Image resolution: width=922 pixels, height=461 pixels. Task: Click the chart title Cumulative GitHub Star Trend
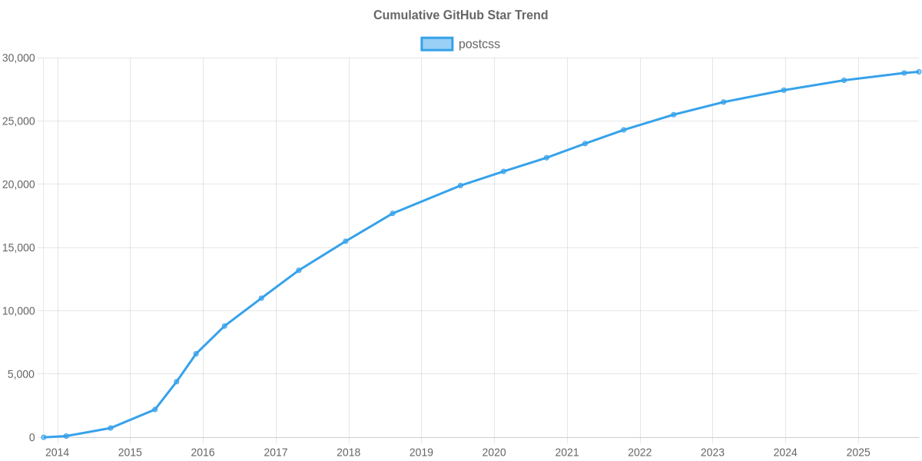(460, 15)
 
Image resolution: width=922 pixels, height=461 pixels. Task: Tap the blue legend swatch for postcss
(436, 45)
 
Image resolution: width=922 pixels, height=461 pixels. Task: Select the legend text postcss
(479, 45)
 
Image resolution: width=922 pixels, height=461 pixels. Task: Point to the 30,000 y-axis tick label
(19, 58)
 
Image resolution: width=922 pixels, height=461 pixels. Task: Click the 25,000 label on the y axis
(19, 121)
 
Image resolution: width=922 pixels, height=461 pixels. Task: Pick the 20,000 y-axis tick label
(19, 184)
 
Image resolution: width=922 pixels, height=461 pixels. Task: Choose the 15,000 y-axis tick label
(19, 248)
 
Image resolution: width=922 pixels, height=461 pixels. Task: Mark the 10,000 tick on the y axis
(19, 311)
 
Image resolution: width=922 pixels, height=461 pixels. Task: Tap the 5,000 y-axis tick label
(22, 374)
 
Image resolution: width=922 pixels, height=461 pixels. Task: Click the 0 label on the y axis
(32, 438)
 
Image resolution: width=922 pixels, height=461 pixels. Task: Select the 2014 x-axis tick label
(57, 453)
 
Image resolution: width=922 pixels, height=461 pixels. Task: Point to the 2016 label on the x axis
(203, 453)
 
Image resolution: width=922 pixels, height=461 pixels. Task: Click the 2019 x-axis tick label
(421, 453)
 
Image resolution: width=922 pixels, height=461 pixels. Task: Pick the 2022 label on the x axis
(639, 453)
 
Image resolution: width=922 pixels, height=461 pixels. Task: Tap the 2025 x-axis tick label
(857, 453)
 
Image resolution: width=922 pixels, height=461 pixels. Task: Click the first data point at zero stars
(44, 437)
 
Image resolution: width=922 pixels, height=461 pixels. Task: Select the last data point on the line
(918, 71)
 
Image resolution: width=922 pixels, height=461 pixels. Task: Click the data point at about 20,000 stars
(460, 185)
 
